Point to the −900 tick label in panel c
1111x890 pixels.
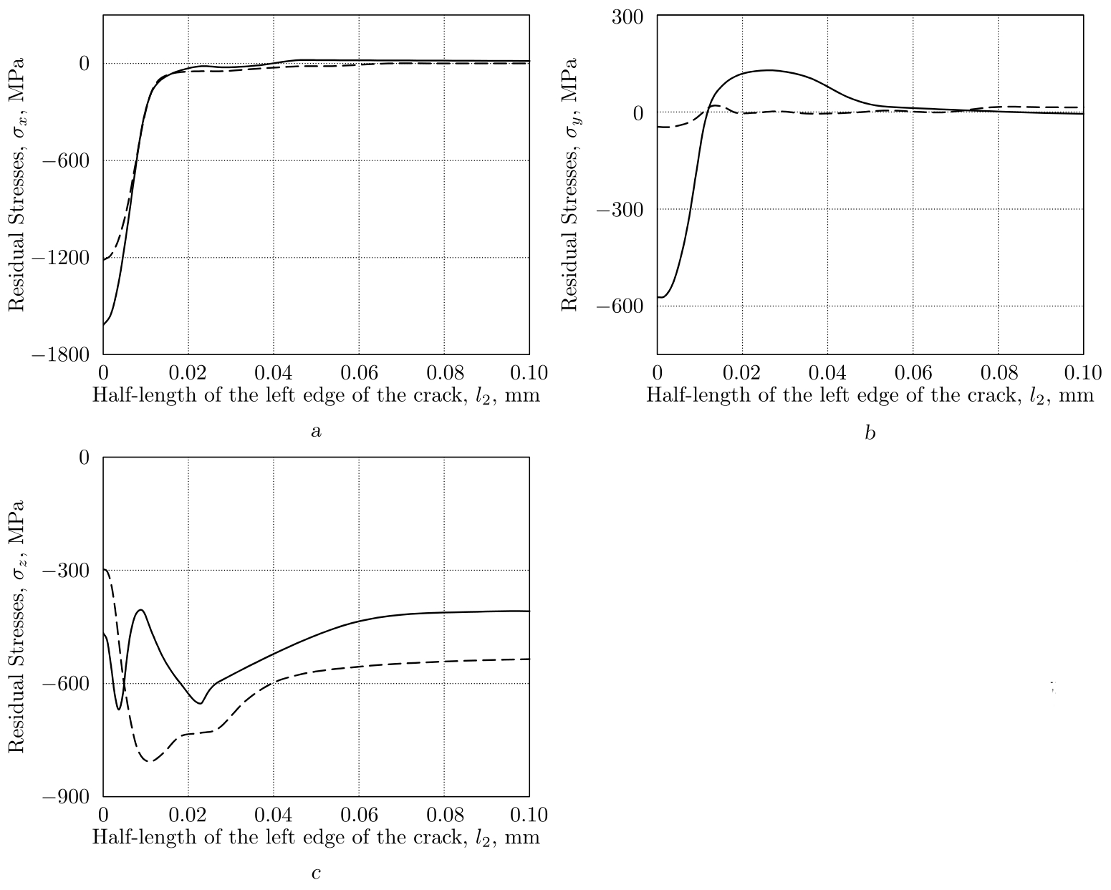69,796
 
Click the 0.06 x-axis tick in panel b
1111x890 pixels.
913,373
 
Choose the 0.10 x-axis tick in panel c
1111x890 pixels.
529,815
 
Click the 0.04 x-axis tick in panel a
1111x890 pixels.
274,373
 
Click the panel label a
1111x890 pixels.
316,431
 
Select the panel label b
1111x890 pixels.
870,432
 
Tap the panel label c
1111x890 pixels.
316,874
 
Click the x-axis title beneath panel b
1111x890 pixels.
870,395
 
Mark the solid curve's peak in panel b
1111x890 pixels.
769,69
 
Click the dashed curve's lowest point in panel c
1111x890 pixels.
150,761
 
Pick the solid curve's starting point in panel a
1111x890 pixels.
104,324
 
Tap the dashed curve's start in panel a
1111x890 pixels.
104,260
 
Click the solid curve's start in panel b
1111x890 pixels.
658,296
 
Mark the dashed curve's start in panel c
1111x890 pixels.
105,570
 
